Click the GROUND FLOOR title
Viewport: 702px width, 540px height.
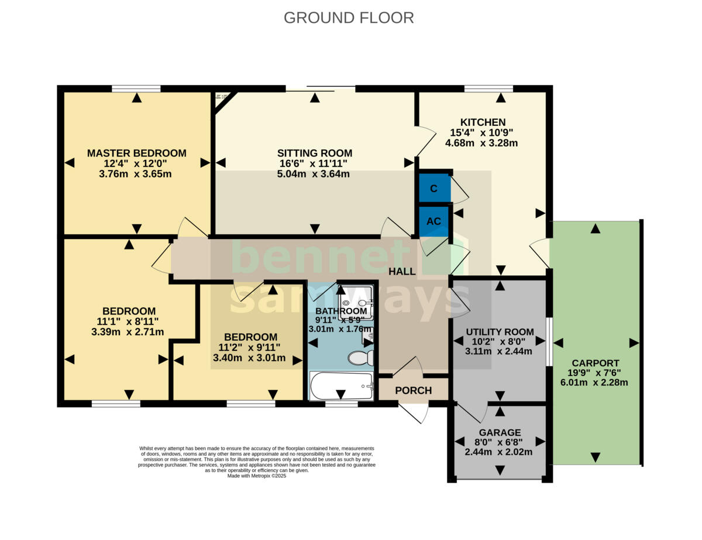coord(349,18)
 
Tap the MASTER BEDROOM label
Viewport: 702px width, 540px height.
coord(136,153)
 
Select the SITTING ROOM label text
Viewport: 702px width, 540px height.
coord(315,153)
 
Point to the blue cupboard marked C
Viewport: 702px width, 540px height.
coord(434,189)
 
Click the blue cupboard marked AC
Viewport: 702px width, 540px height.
coord(433,221)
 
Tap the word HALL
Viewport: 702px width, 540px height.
coord(402,272)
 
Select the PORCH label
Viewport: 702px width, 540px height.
coord(413,391)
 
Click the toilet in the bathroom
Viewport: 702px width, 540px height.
coord(360,357)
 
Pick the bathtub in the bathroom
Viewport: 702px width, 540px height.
coord(340,386)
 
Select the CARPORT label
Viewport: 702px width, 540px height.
coord(595,363)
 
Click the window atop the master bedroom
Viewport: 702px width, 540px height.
coord(136,89)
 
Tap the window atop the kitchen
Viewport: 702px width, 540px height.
coord(488,89)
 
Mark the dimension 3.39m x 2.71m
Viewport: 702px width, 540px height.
coord(128,332)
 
